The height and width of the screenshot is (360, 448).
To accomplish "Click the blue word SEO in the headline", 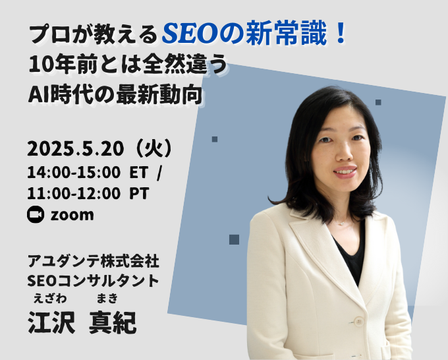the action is tap(190, 34).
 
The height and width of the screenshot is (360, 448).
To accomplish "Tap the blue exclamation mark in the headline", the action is tap(341, 34).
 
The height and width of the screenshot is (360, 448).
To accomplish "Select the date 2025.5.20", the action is tap(76, 149).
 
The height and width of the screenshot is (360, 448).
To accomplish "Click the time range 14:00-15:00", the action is tap(74, 173).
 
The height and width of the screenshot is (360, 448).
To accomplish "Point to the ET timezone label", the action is tap(138, 173).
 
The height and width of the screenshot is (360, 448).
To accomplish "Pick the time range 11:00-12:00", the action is tap(74, 194).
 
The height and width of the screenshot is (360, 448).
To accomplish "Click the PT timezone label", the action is tap(139, 194).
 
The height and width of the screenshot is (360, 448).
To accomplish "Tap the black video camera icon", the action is tap(36, 214).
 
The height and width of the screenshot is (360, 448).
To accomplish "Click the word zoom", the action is tap(72, 215).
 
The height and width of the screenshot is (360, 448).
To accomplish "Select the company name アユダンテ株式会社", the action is tap(93, 261).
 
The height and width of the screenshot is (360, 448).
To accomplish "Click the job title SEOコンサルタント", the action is tap(93, 281).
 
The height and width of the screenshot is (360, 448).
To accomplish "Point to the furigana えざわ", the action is tap(50, 299).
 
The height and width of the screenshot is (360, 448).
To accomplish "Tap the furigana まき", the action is tap(107, 299).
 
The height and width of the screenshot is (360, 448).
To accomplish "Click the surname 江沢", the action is tap(51, 322).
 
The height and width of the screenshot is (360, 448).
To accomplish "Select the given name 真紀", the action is tap(113, 322).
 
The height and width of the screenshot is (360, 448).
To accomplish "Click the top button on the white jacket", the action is tap(359, 321).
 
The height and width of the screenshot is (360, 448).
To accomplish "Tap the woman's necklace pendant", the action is tap(341, 224).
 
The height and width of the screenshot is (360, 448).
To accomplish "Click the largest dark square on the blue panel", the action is tap(234, 239).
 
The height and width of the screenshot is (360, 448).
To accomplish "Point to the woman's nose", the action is tap(345, 154).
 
